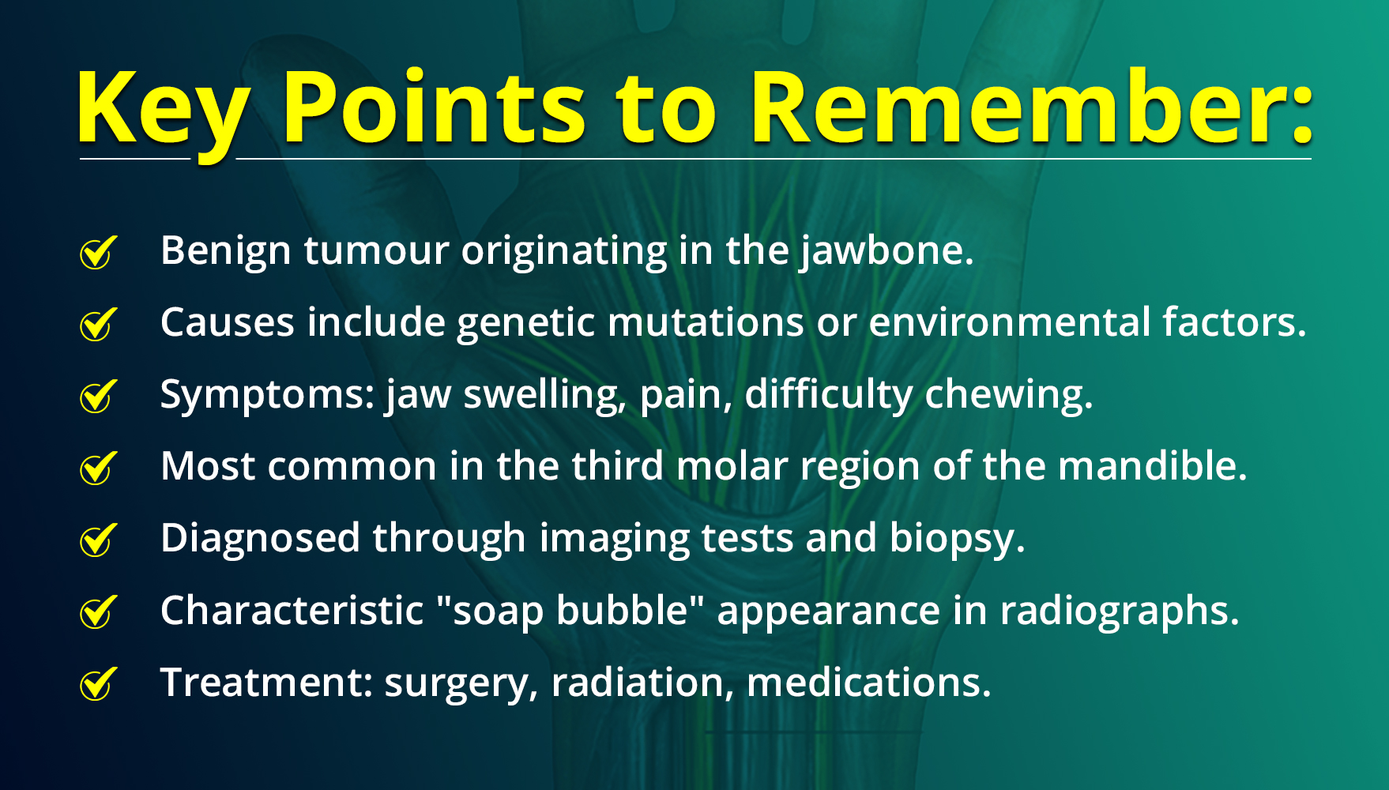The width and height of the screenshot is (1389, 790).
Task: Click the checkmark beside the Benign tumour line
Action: click(99, 252)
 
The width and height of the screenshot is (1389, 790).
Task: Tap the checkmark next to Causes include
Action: click(99, 324)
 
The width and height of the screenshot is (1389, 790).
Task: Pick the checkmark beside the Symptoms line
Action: click(99, 396)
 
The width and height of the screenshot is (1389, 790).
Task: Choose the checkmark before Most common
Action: click(99, 468)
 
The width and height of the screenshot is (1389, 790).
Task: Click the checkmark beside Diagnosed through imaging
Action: click(99, 540)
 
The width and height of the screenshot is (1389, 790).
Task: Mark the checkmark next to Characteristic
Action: click(99, 612)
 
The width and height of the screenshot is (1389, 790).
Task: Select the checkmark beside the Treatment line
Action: click(99, 684)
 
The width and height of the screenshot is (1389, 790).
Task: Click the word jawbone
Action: click(882, 252)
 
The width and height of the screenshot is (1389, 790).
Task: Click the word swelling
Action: click(542, 395)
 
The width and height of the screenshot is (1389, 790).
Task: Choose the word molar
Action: click(732, 466)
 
